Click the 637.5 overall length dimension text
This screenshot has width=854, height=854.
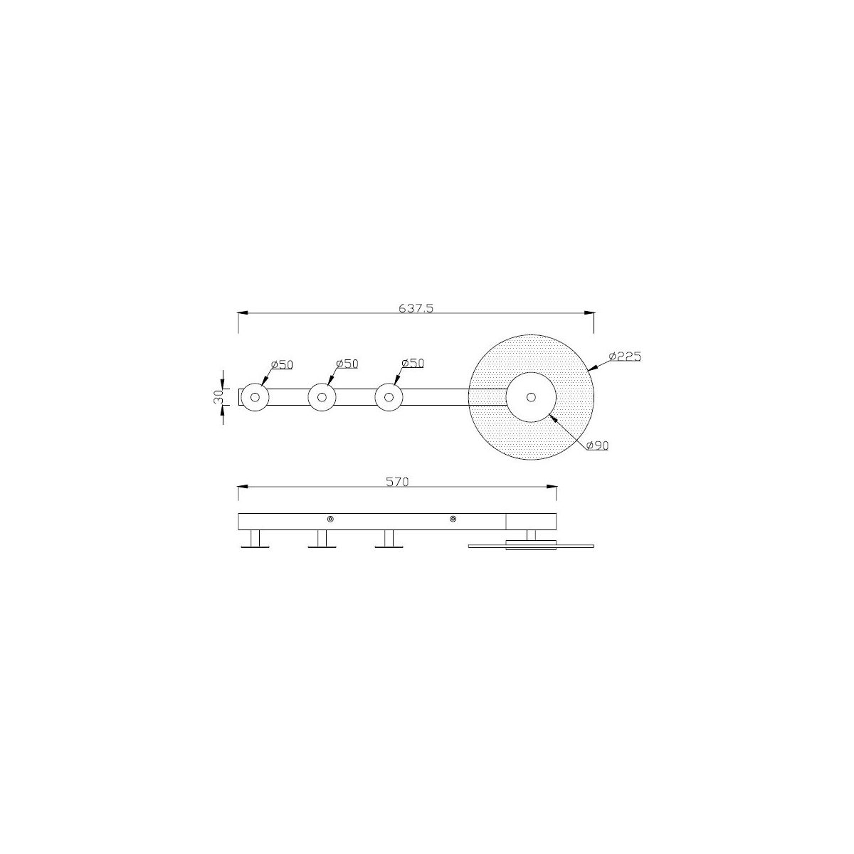click(416, 308)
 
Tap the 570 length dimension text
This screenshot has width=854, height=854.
click(397, 482)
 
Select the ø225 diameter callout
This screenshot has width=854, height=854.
click(625, 357)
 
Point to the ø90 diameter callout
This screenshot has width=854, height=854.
click(597, 446)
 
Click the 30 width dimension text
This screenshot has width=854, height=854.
click(218, 396)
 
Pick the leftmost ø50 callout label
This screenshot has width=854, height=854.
click(282, 365)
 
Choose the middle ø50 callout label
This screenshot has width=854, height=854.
click(347, 364)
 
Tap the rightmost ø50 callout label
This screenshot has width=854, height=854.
click(413, 364)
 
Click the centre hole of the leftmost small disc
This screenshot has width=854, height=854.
click(255, 397)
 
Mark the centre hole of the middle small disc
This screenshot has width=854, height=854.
click(322, 397)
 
